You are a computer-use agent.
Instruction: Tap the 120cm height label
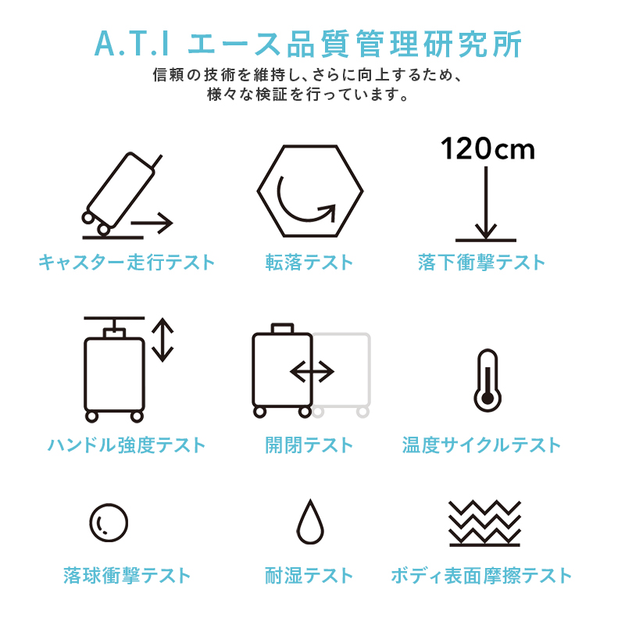487,148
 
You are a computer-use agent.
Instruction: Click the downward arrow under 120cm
486,203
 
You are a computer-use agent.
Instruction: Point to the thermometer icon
487,380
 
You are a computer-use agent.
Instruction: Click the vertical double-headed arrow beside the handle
162,340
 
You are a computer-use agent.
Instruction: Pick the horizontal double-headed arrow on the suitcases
312,372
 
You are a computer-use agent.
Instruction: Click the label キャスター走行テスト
127,262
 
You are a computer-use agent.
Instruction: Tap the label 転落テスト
309,262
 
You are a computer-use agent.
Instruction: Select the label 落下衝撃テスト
481,262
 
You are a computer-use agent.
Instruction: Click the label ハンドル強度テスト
127,445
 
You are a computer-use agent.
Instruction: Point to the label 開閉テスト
309,445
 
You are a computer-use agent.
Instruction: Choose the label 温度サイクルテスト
481,445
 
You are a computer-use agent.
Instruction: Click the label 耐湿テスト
309,577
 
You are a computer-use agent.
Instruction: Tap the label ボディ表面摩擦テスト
481,577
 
